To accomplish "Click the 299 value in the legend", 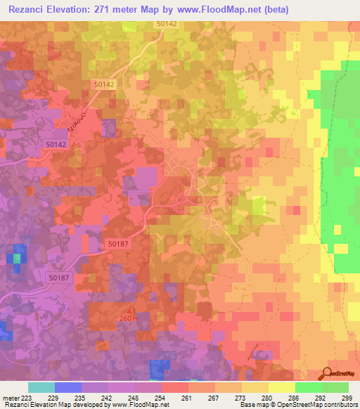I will (343, 398).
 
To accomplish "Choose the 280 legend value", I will (265, 398).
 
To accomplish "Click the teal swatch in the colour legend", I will (41, 387).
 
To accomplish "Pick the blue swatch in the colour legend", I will (67, 387).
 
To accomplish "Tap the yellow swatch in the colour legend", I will (281, 387).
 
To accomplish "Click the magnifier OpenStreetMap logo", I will (328, 375).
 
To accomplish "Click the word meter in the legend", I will (10, 398).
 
